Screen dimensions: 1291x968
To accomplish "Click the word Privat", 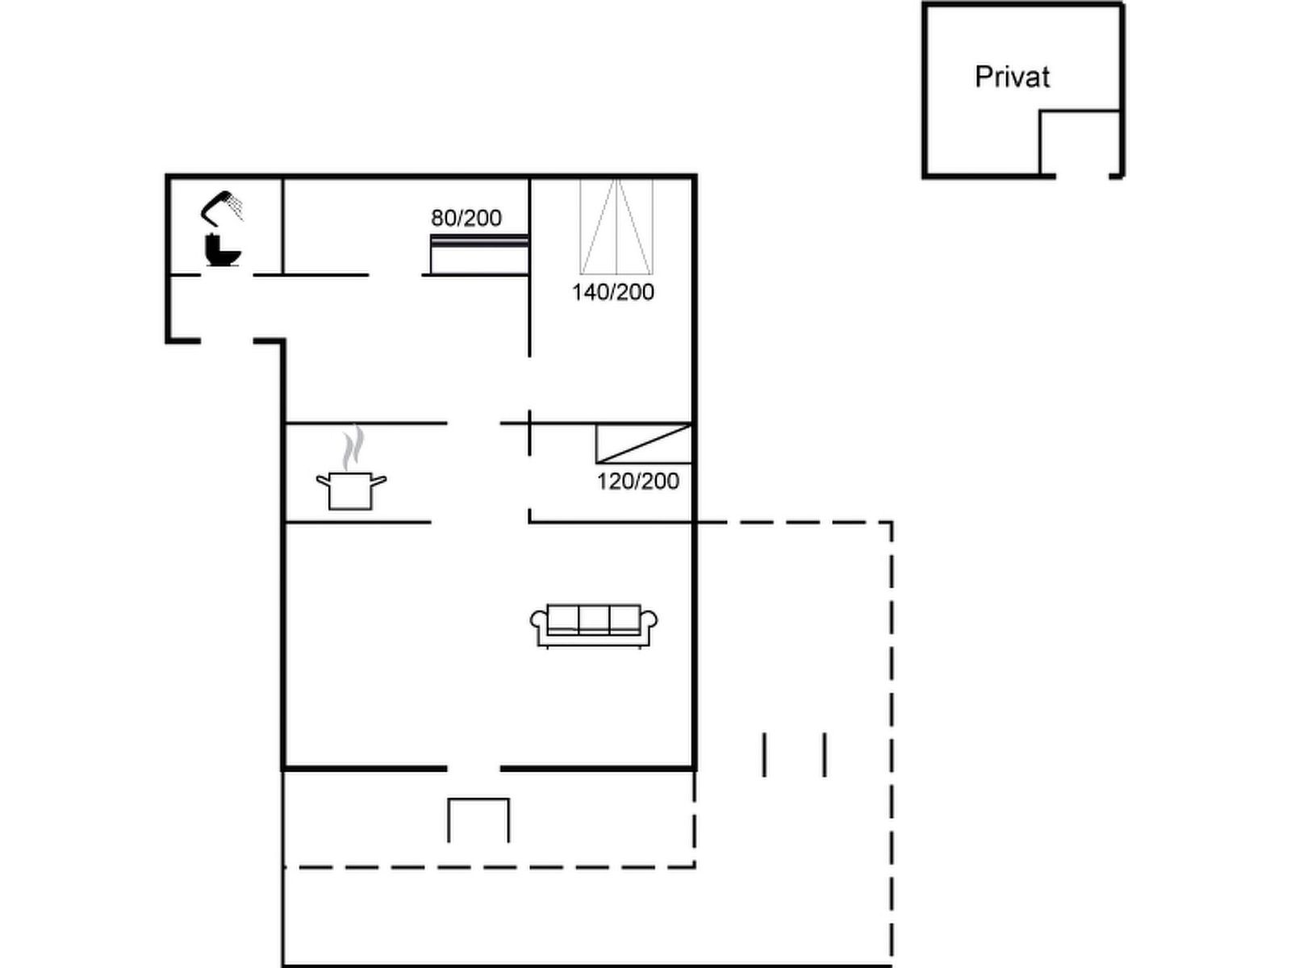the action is pos(1012,77).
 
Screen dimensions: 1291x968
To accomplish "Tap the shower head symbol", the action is pos(222,208).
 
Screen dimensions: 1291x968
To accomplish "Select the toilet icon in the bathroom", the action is pos(223,250).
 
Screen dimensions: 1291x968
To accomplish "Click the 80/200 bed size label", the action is pos(466,218).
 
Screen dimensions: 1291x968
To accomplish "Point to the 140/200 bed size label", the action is pos(613,292).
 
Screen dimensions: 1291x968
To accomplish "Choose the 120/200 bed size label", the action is pos(638,482).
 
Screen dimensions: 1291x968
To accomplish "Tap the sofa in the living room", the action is pos(594,626).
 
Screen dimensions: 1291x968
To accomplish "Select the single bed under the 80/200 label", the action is pos(479,254).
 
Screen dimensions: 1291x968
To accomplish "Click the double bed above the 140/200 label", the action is pos(616,227).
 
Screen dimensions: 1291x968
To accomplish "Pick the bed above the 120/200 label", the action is pos(644,444).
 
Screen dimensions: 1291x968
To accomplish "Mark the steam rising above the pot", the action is pos(353,448).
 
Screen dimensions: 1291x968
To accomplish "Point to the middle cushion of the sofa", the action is pos(593,618).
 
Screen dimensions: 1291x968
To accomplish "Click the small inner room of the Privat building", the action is pos(1080,143).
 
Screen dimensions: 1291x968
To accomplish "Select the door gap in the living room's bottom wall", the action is pos(474,768).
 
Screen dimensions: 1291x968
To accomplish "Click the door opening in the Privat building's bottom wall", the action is pos(1082,176).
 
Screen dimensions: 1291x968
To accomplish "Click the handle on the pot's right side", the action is pos(378,481).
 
